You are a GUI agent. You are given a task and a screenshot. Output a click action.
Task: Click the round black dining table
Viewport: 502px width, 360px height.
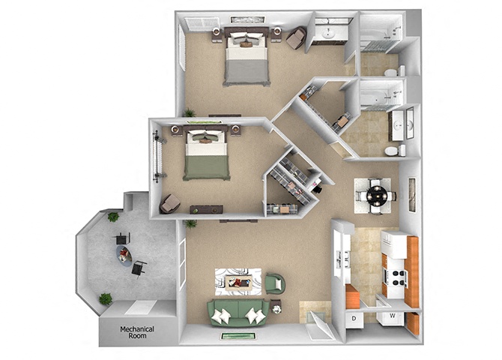tap(375, 196)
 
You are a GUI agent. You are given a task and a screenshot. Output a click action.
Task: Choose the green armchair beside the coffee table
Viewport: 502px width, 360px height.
tap(275, 284)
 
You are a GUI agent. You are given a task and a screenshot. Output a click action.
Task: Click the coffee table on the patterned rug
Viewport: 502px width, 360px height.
tap(238, 282)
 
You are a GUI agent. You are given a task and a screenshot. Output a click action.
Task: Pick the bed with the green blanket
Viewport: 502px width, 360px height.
tap(206, 155)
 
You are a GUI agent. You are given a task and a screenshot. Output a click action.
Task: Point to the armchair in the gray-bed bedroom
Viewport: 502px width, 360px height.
tap(295, 37)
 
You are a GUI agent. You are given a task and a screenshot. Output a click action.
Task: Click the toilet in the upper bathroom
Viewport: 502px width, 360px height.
tap(390, 72)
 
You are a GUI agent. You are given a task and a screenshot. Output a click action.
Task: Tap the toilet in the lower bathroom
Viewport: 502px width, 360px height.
tap(391, 151)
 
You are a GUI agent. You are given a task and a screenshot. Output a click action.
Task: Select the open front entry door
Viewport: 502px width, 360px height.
tap(318, 324)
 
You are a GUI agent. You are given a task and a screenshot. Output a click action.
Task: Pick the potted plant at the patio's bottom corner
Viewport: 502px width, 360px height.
tap(106, 298)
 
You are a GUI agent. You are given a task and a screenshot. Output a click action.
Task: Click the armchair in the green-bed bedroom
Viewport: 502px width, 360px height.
tap(169, 203)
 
